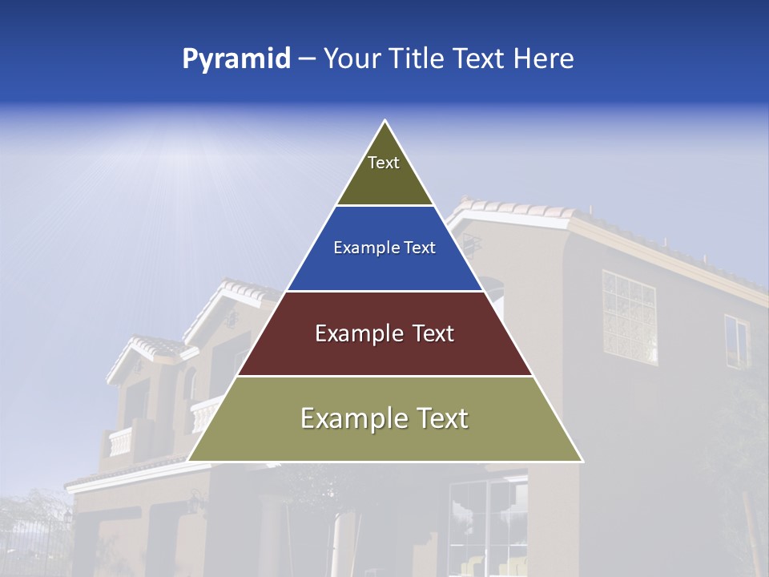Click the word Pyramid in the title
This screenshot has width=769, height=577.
coord(236,59)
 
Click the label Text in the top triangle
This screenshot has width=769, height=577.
coord(384,163)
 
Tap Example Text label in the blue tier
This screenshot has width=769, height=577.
coord(384,248)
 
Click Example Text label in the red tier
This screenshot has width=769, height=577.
coord(384,333)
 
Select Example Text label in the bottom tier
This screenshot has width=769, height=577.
coord(384,418)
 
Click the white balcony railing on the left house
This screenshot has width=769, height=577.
coord(120,442)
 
